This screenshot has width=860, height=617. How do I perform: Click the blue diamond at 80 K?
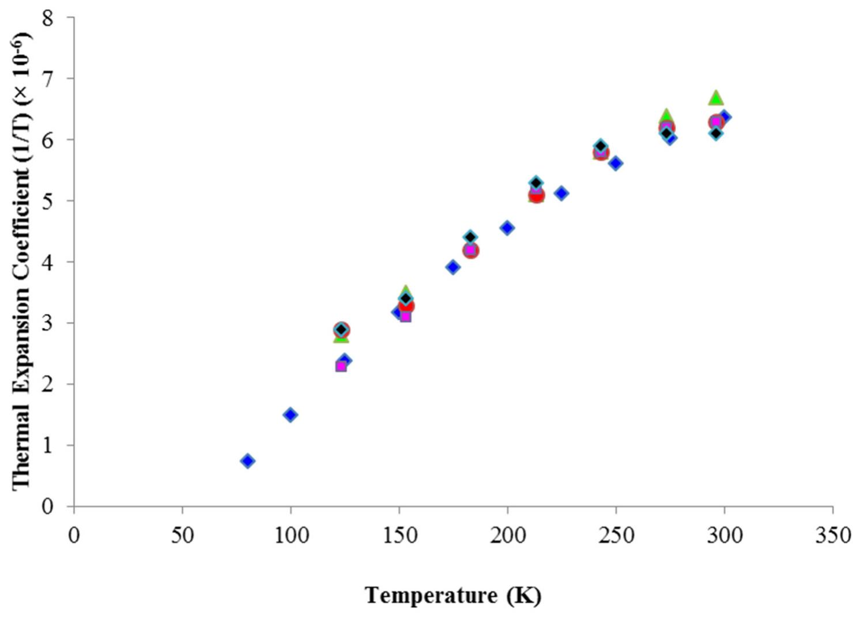[x=247, y=460]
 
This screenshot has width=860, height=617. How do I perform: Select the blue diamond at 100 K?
[x=291, y=415]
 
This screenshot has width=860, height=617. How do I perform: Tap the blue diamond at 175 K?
[x=453, y=267]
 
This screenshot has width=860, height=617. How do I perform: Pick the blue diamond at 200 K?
[x=507, y=228]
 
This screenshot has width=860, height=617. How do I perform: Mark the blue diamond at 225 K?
[x=561, y=193]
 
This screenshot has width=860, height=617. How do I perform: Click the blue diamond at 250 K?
[x=616, y=163]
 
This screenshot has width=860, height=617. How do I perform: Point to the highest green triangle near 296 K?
[x=716, y=97]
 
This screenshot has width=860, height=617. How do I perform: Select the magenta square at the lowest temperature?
[x=341, y=366]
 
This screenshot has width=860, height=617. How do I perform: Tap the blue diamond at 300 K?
[x=725, y=116]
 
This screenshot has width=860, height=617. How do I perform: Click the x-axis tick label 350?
[x=832, y=536]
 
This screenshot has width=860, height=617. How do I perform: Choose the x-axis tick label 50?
[x=182, y=536]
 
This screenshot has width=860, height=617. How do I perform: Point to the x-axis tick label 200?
[x=507, y=536]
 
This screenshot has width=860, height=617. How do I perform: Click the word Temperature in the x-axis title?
[x=431, y=595]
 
